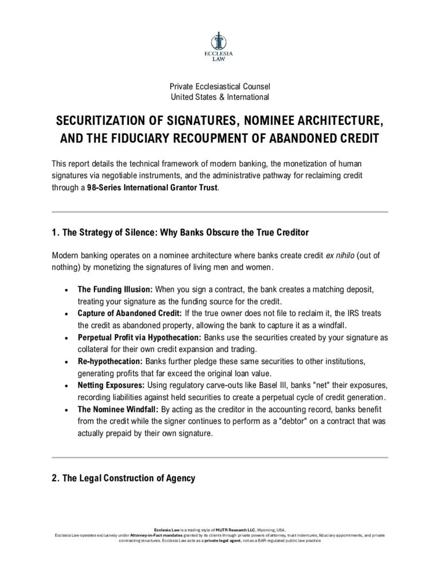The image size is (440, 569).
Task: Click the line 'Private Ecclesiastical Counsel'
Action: [219, 86]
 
